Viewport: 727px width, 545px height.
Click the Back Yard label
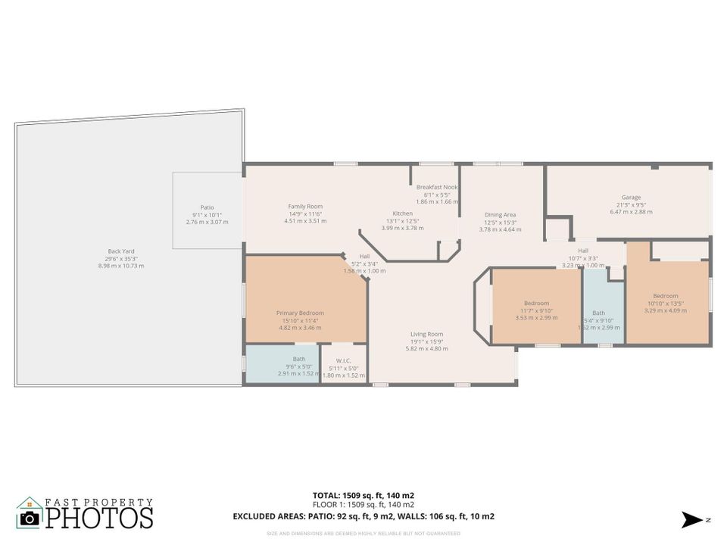pyautogui.click(x=121, y=251)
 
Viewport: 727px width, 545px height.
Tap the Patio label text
pyautogui.click(x=207, y=207)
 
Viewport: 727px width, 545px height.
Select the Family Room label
pyautogui.click(x=305, y=207)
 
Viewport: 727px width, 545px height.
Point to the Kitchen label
pyautogui.click(x=402, y=213)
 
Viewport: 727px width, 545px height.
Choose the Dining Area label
pyautogui.click(x=500, y=215)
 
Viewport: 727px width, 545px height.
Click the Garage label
pyautogui.click(x=631, y=198)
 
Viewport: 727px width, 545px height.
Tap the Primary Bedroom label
pyautogui.click(x=300, y=313)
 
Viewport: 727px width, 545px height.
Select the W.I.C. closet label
pyautogui.click(x=344, y=360)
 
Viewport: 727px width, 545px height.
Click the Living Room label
pyautogui.click(x=426, y=334)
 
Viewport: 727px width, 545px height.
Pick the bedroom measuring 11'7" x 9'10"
pyautogui.click(x=536, y=304)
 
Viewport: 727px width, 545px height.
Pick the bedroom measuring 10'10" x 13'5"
pyautogui.click(x=666, y=296)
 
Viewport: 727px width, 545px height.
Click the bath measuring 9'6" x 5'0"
pyautogui.click(x=299, y=359)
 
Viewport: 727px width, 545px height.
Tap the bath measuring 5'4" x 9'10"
pyautogui.click(x=598, y=313)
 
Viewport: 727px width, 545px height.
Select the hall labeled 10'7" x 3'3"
pyautogui.click(x=583, y=251)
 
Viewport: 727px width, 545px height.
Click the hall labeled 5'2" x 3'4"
pyautogui.click(x=364, y=256)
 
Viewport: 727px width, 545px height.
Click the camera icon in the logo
pyautogui.click(x=30, y=518)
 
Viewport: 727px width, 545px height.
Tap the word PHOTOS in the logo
pyautogui.click(x=98, y=518)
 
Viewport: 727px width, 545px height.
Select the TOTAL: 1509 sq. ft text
pyautogui.click(x=363, y=496)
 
